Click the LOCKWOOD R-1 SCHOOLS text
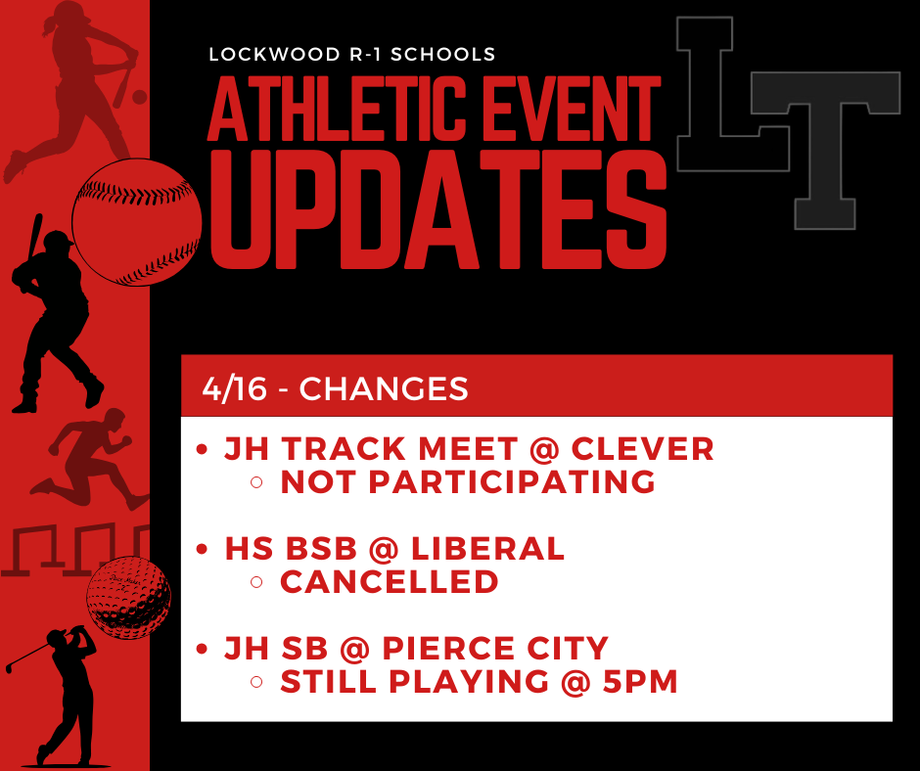[352, 55]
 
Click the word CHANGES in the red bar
[384, 388]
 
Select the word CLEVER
[642, 449]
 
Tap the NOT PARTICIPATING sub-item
[468, 481]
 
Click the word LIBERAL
[488, 549]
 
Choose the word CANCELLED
[390, 581]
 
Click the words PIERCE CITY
[493, 648]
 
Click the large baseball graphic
[137, 222]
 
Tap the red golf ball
[128, 597]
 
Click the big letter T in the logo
[828, 147]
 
